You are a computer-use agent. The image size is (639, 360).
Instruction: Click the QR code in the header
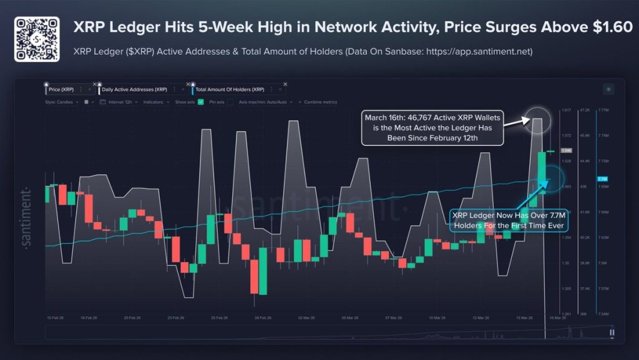click(37, 39)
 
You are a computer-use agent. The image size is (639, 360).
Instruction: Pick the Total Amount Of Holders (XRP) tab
click(227, 90)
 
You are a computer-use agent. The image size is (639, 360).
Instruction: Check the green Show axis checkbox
click(201, 102)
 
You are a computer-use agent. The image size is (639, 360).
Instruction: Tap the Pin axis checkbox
click(230, 102)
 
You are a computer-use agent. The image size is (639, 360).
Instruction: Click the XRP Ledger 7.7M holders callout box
click(509, 220)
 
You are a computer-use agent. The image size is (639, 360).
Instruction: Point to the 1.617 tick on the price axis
click(567, 110)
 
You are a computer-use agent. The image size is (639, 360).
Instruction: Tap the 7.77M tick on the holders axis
click(605, 110)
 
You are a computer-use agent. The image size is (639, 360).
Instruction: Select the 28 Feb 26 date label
click(263, 318)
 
